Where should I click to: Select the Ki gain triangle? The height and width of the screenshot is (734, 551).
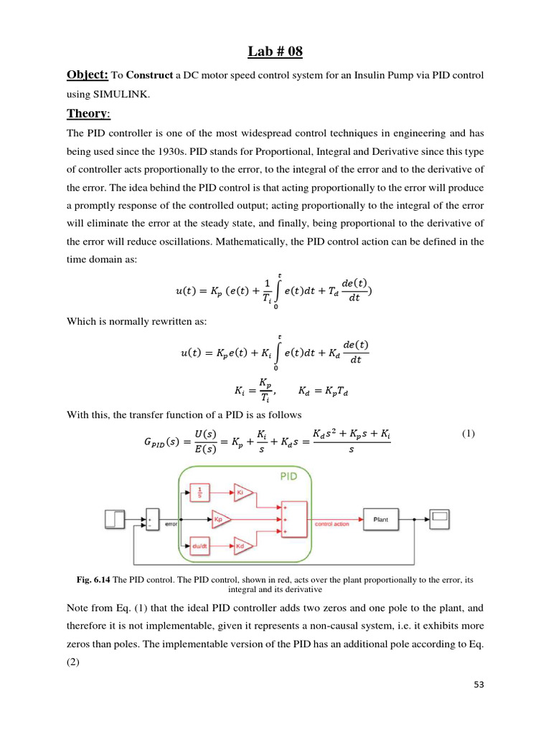[239, 491]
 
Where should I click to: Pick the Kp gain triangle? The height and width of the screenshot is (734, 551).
[217, 518]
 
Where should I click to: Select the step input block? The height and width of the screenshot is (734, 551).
[114, 517]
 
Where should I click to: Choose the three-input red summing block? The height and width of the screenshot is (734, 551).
[296, 518]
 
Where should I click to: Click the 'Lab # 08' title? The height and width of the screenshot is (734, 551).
[275, 51]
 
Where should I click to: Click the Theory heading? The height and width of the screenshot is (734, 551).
[86, 113]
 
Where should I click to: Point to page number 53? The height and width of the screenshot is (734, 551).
[479, 685]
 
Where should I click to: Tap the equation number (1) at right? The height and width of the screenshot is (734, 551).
[468, 434]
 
